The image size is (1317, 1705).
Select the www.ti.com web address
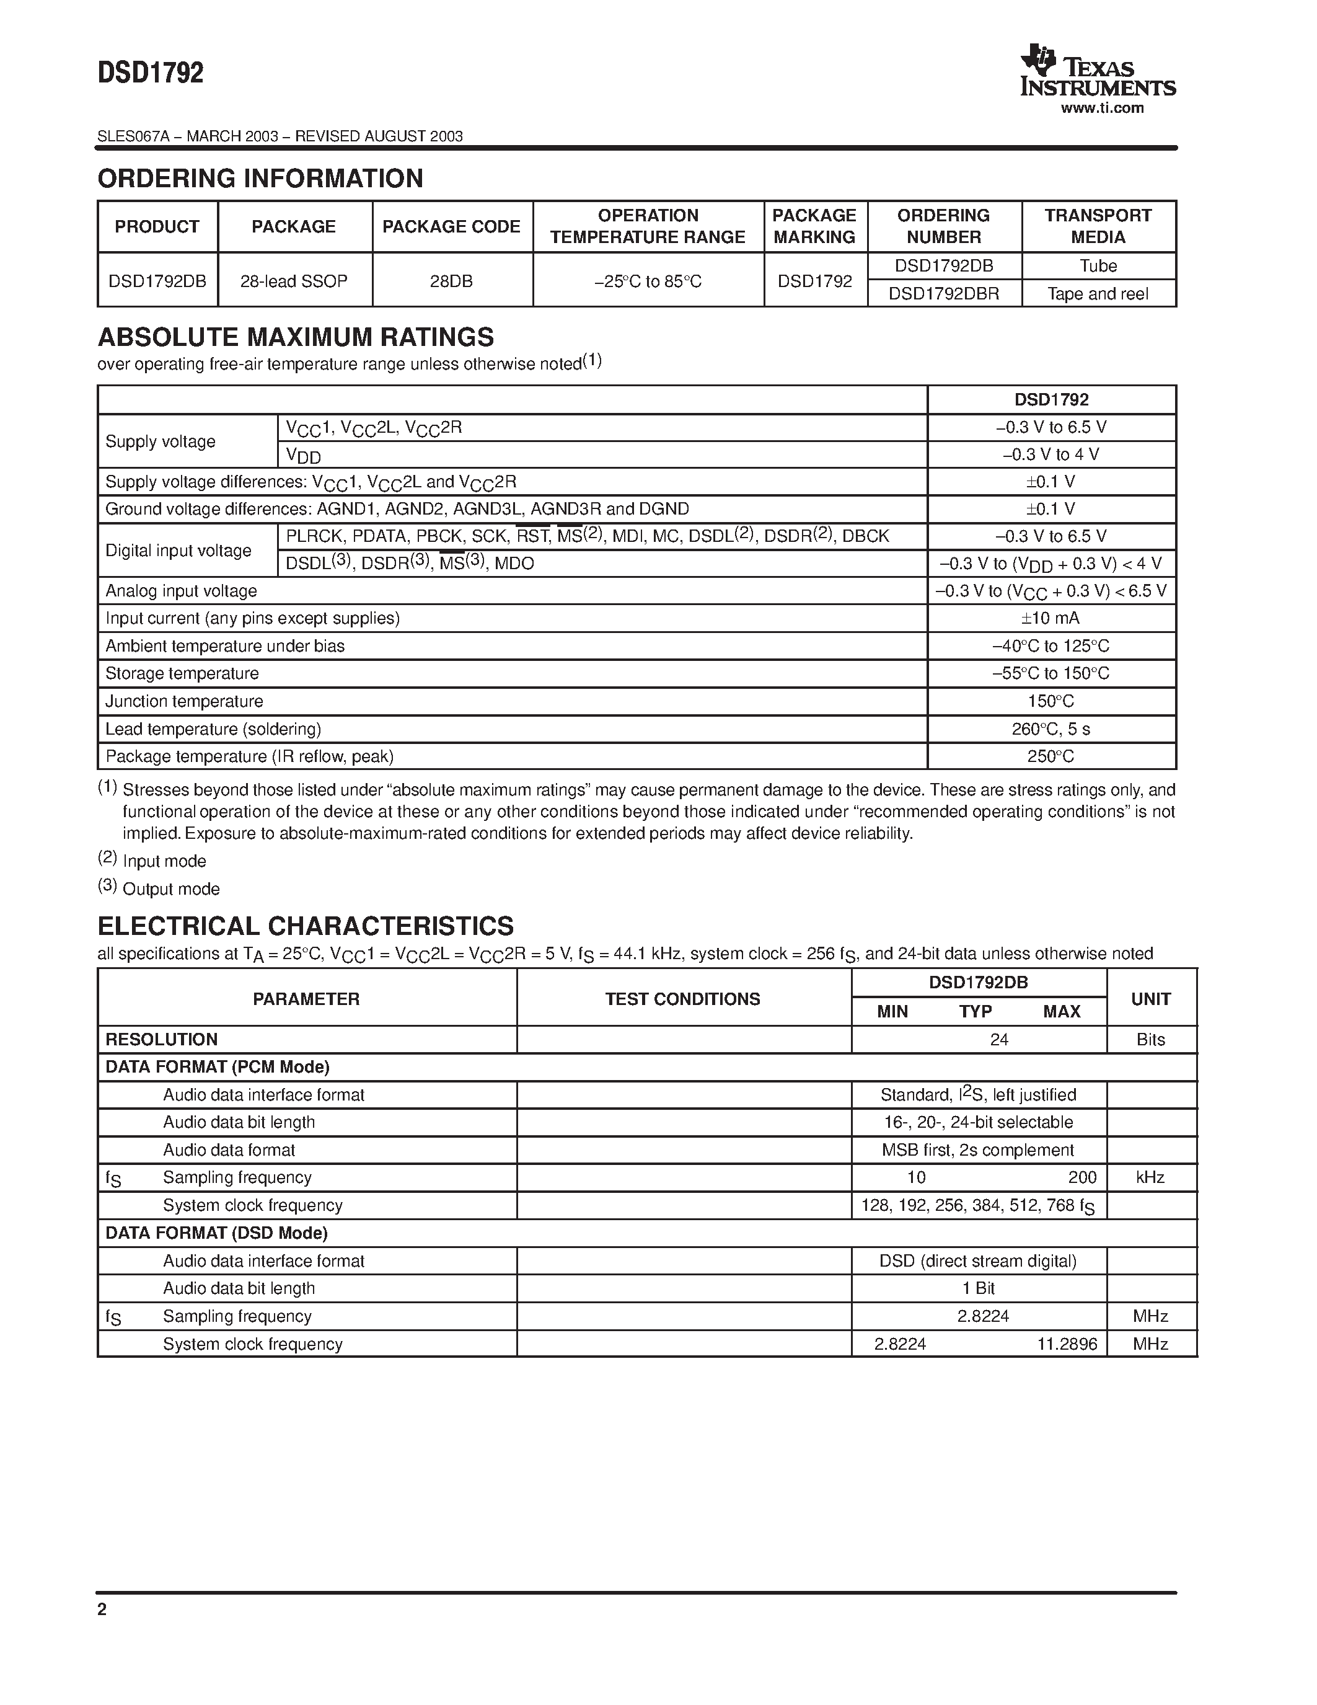[x=1102, y=108]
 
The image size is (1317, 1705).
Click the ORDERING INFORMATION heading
[x=260, y=179]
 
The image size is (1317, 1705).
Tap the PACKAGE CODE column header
[x=451, y=226]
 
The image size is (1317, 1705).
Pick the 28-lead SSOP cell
[x=294, y=281]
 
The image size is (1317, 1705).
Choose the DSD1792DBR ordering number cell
[x=943, y=293]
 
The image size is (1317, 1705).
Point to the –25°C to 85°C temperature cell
[x=648, y=281]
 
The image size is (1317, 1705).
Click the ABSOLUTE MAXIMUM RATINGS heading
[x=296, y=337]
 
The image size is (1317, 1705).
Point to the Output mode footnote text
[x=171, y=889]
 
